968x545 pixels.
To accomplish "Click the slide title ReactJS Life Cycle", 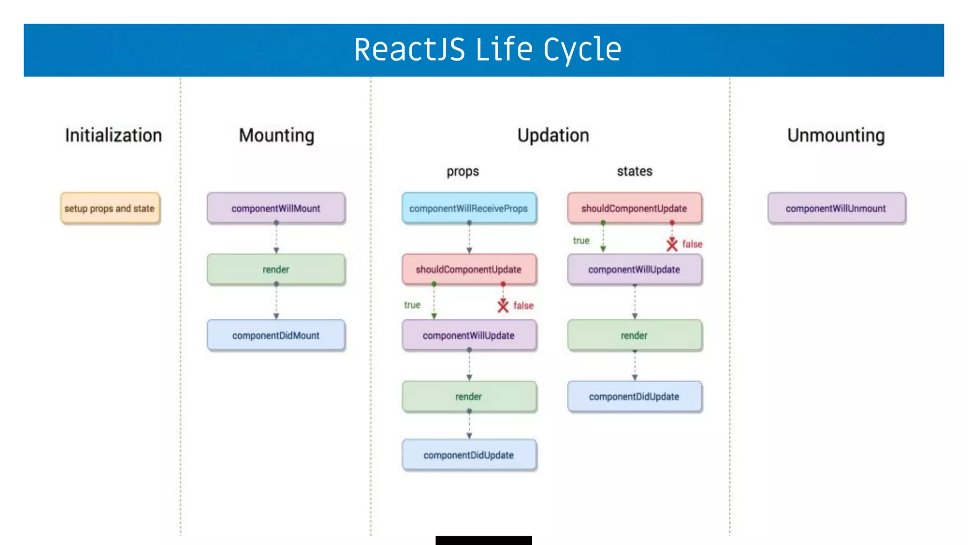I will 487,50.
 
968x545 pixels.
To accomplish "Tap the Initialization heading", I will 113,135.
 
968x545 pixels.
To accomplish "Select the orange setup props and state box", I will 110,208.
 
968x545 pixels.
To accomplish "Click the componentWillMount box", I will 276,208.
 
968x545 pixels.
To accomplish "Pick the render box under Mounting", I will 276,270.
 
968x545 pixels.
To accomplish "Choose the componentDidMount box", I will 276,335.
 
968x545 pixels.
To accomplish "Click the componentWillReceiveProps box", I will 469,208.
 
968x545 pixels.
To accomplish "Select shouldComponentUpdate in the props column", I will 469,270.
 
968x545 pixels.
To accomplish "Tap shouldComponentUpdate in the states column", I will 634,208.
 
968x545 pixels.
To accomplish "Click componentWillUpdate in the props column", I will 469,335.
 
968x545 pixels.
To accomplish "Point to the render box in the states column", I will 634,335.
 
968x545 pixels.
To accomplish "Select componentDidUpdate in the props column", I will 469,455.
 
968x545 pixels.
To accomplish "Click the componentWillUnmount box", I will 836,208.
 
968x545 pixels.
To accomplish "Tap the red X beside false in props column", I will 503,306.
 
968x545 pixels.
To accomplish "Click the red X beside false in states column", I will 672,245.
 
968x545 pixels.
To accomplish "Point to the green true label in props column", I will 412,305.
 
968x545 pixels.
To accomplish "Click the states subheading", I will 634,171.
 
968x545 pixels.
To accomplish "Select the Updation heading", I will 553,135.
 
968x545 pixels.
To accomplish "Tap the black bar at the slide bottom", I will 484,540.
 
